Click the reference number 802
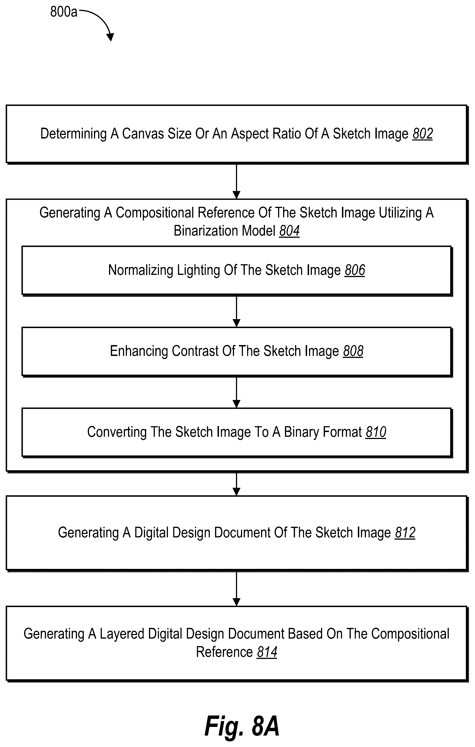click(423, 134)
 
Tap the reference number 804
click(289, 231)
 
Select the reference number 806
click(355, 270)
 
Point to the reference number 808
click(353, 351)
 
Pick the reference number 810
click(376, 432)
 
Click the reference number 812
click(405, 533)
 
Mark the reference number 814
click(267, 652)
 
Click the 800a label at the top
click(64, 12)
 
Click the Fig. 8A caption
click(242, 726)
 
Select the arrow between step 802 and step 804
click(237, 181)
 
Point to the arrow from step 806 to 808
click(237, 311)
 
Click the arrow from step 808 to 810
click(237, 392)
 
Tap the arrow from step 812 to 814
click(237, 588)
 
